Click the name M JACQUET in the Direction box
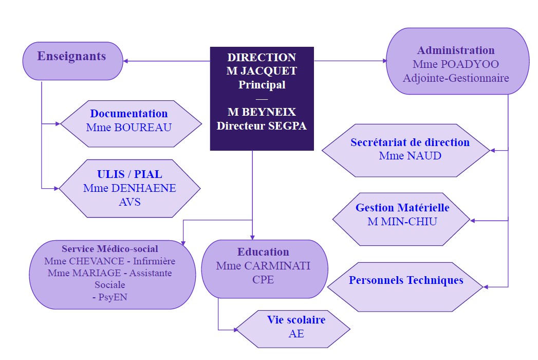pos(262,71)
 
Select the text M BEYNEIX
pos(262,112)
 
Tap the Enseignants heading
pos(71,56)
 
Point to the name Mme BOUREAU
pos(129,127)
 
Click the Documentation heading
pos(129,114)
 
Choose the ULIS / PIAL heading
pos(129,174)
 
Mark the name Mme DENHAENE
pos(129,188)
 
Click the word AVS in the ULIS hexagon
pos(129,202)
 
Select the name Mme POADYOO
pos(456,64)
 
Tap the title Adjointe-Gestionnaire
pos(456,78)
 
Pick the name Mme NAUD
pos(410,155)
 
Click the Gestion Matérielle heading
pos(402,208)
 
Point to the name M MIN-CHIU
pos(402,221)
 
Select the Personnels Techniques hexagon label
pos(406,280)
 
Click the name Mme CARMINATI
pos(263,266)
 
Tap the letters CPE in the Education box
pos(263,280)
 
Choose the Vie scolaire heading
pos(296,320)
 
